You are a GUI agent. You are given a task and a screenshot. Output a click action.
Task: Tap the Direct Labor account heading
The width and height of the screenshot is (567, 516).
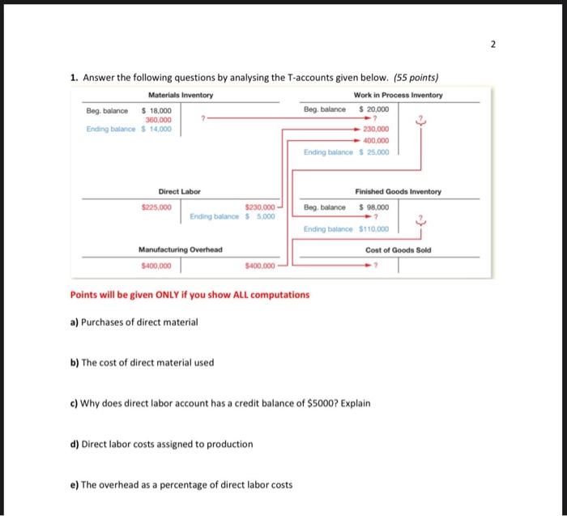point(179,191)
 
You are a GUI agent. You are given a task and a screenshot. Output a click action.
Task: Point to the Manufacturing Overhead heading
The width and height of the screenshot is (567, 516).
point(180,249)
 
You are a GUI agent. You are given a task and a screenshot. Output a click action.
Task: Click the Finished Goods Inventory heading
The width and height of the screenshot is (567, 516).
point(398,191)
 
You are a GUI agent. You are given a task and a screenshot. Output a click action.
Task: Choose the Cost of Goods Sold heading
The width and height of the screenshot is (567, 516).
point(398,249)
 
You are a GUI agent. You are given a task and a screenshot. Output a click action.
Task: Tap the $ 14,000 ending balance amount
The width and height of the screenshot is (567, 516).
point(156,129)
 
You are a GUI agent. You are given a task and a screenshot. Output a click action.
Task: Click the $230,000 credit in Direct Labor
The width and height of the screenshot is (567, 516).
point(260,207)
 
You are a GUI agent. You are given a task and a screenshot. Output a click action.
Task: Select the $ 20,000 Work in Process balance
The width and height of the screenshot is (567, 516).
point(373,109)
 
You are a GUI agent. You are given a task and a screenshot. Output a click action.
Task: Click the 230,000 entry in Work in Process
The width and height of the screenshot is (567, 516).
point(377,130)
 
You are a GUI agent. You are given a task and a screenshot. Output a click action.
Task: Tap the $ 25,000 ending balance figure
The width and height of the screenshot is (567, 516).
point(373,151)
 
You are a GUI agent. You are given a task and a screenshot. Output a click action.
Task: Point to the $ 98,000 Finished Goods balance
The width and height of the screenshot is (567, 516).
point(373,207)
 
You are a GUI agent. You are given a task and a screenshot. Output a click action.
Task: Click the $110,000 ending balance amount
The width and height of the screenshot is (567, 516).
point(373,229)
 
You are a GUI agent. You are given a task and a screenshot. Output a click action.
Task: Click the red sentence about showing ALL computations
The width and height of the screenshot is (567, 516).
point(190,294)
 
